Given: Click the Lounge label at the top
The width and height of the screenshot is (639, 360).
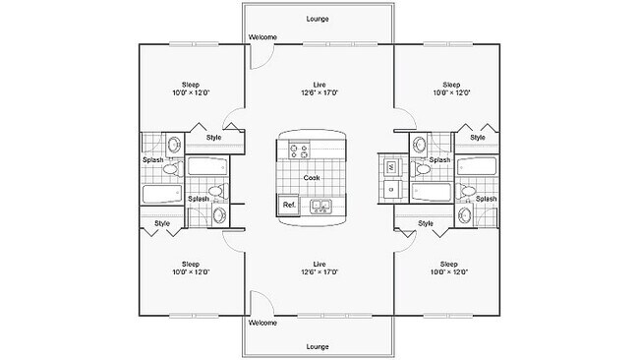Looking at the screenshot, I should (318, 19).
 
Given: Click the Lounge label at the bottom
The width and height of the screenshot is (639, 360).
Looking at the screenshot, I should (318, 346).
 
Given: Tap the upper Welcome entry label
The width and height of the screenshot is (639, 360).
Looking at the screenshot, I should (262, 37).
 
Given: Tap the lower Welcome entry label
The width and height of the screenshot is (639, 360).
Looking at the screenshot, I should (262, 323).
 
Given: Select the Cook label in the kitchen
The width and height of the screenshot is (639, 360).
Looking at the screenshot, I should (311, 178).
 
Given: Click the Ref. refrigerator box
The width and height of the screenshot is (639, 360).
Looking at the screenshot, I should (289, 205).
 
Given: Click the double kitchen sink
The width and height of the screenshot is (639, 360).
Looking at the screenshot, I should (321, 206).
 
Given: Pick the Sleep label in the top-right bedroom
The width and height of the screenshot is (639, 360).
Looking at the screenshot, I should (451, 85).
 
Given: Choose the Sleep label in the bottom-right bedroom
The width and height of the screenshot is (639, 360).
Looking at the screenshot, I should (449, 264).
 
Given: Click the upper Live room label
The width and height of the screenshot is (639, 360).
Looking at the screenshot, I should (319, 85).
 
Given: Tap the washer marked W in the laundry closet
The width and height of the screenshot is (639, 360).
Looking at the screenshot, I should (390, 168).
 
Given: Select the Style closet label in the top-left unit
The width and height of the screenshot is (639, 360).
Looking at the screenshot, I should (214, 137).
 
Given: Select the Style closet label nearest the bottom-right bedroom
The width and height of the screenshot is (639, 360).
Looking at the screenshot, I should (426, 223).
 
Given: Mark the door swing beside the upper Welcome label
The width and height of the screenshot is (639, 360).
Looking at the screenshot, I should (258, 56).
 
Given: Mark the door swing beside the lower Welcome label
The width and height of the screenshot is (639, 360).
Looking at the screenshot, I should (258, 302).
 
